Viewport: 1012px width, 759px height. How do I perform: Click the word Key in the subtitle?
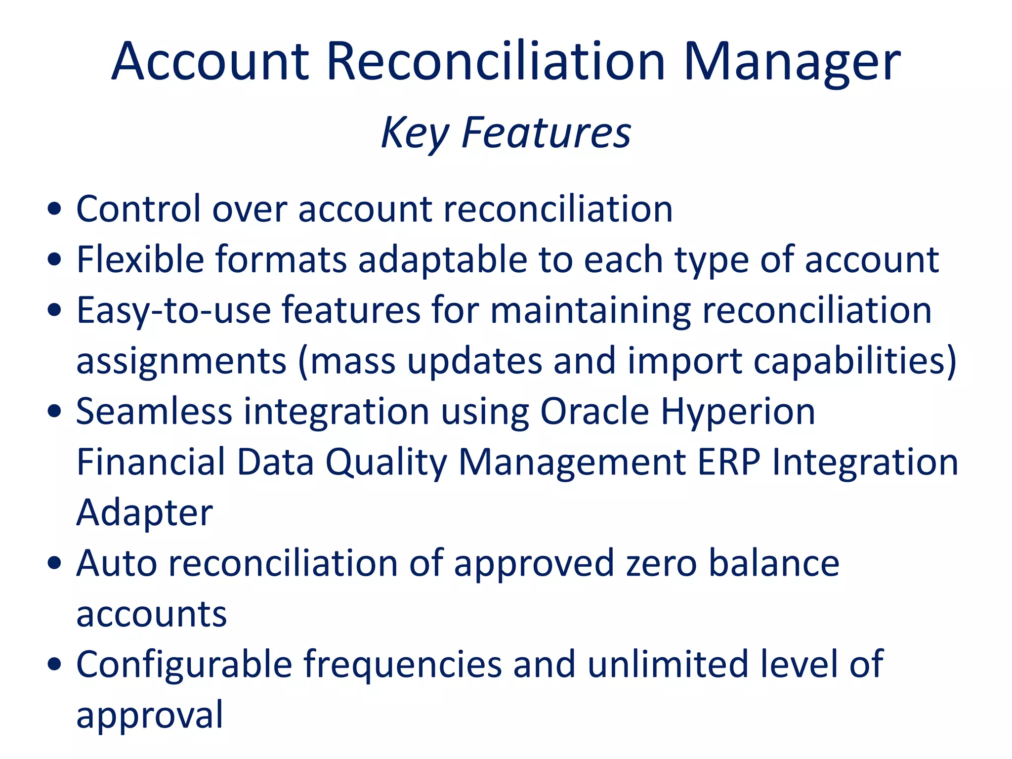coord(414,132)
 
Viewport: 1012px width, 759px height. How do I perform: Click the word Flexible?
coord(140,259)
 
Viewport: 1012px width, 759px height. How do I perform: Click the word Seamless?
coord(154,412)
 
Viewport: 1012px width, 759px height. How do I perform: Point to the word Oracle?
coord(594,412)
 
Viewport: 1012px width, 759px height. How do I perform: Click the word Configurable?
coord(184,665)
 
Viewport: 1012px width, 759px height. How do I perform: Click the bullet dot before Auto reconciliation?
coord(54,563)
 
